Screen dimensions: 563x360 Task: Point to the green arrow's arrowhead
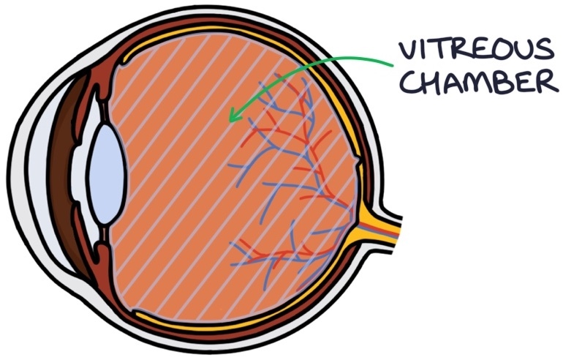pos(233,117)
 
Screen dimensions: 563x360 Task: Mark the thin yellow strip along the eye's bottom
pos(219,322)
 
